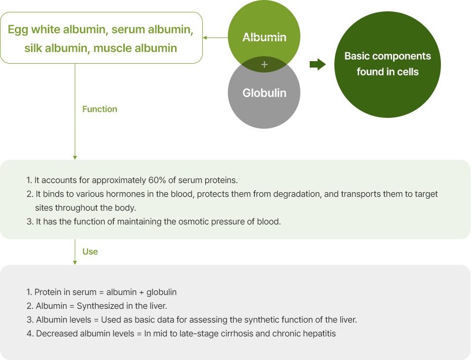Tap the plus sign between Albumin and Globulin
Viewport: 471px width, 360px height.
264,64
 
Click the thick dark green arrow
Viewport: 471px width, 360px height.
318,64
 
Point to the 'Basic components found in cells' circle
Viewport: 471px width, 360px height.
388,65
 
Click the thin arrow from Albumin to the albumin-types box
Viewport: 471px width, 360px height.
216,37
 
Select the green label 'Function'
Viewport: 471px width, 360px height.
100,109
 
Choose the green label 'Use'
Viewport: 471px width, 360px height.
90,252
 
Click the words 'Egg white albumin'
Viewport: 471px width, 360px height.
57,30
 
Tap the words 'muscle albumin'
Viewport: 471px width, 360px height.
135,48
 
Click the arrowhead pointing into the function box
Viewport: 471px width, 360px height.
75,158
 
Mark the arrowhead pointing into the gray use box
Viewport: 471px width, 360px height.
75,263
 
